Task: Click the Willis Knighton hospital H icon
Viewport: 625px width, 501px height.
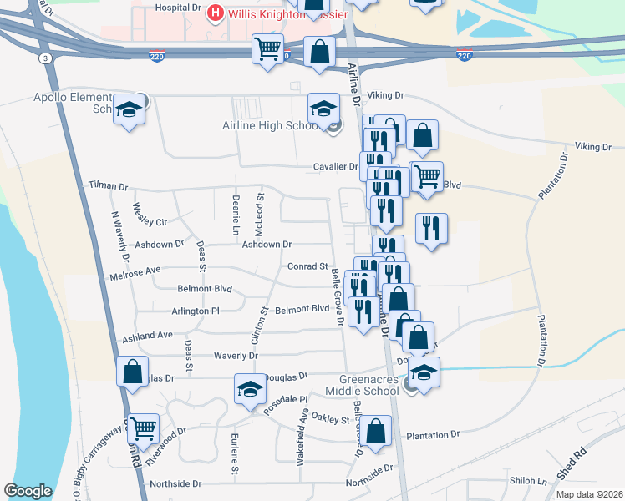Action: (215, 13)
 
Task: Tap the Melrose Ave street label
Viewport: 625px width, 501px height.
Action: (135, 273)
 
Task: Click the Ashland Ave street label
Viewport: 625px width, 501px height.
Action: (147, 337)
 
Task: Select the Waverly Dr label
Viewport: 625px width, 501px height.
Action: (235, 355)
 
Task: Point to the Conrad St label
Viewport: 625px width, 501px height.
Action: (307, 266)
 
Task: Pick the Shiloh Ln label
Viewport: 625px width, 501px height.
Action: (529, 482)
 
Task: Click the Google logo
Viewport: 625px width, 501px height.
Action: (28, 491)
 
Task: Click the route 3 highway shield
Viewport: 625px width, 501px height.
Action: (43, 57)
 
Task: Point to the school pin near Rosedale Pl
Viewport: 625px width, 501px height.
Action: (250, 391)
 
